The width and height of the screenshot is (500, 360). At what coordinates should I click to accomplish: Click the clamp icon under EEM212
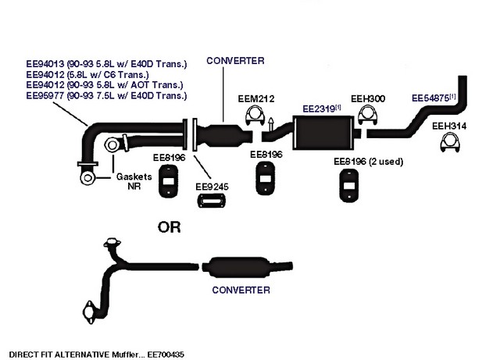tap(254, 118)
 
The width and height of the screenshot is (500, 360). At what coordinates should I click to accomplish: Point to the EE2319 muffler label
tap(320, 109)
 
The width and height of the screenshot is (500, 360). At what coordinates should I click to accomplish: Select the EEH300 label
tap(367, 99)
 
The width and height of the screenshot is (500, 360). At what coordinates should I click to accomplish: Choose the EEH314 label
tap(448, 125)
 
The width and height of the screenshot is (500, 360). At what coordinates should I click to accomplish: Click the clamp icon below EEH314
tap(449, 144)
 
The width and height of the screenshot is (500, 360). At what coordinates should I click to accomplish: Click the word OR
tap(169, 227)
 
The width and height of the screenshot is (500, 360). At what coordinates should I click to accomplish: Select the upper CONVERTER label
tap(235, 59)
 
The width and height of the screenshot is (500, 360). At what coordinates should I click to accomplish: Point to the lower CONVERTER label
tap(241, 290)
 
